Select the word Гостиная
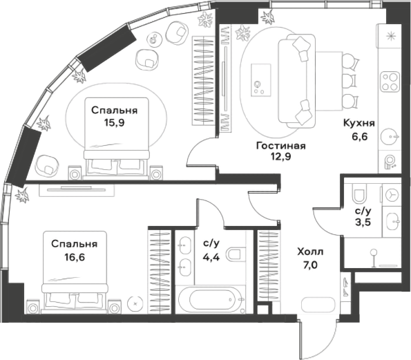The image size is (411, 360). pos(280,146)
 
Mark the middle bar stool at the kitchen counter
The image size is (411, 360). pos(350,82)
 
